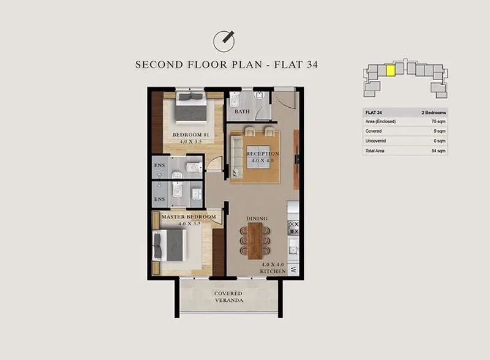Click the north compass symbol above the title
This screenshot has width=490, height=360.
click(x=224, y=41)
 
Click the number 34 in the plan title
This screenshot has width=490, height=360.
click(x=312, y=64)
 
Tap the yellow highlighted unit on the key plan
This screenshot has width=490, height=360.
click(x=391, y=70)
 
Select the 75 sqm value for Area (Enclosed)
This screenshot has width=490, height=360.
click(x=439, y=121)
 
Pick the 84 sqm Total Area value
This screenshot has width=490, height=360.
click(x=439, y=151)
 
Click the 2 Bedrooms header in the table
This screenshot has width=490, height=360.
click(x=434, y=112)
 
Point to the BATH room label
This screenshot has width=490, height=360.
click(x=242, y=111)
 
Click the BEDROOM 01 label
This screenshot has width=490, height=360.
click(x=190, y=135)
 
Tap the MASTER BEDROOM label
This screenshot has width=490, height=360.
click(x=189, y=217)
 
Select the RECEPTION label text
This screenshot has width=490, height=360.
click(x=263, y=154)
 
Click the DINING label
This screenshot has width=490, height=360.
click(x=257, y=219)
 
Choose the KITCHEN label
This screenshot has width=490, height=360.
click(x=273, y=271)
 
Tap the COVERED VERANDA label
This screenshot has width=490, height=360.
click(x=228, y=297)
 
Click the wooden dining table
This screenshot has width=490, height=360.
click(x=255, y=241)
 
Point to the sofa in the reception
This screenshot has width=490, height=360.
click(x=236, y=156)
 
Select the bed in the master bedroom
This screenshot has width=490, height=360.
click(x=169, y=246)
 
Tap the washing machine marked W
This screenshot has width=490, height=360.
click(x=293, y=269)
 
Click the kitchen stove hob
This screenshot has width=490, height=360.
click(x=293, y=228)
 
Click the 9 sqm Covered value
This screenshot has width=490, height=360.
click(x=440, y=131)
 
